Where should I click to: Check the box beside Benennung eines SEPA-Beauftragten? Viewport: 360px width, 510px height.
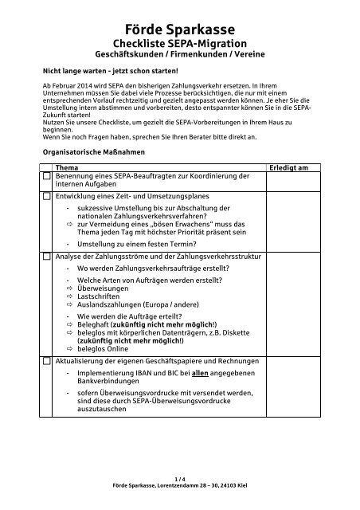(x=47, y=176)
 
